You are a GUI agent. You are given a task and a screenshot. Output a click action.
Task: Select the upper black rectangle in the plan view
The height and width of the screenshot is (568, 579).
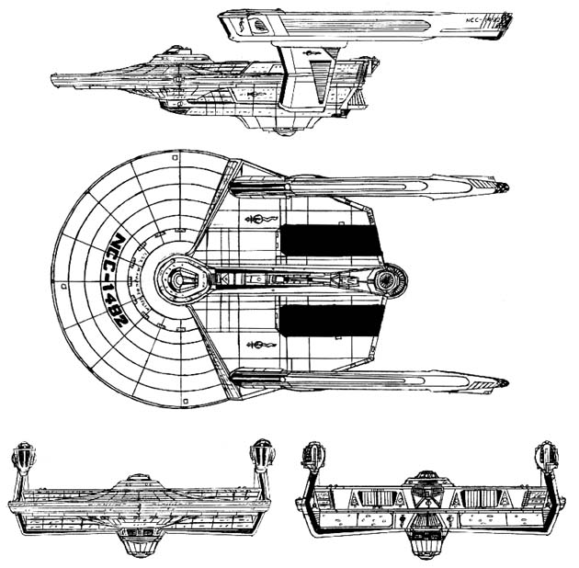tap(330, 239)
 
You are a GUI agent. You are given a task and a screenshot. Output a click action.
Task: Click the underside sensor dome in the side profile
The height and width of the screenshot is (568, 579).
tap(285, 131)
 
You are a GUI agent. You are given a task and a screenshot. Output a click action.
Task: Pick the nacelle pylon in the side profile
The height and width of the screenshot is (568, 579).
tap(299, 69)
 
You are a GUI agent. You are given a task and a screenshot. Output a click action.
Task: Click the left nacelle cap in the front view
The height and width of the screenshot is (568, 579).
tap(23, 457)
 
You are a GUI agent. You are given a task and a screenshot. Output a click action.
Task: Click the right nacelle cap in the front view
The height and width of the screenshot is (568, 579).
tap(263, 457)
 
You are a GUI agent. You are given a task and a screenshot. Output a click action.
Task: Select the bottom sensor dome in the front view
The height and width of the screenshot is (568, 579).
tap(141, 548)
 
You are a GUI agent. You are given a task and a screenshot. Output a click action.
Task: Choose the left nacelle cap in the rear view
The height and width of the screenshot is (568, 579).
tap(312, 457)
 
